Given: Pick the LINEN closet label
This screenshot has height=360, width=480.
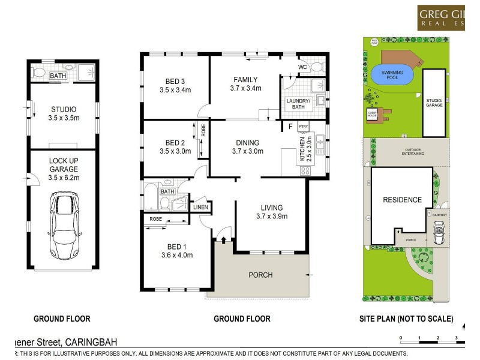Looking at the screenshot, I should coord(200,208).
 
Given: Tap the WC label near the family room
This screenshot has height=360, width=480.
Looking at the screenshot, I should coord(302,67).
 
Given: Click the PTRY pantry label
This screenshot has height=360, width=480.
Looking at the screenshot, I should coord(303,127).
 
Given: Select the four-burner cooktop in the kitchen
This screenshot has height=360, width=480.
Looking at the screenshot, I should coord(305,170).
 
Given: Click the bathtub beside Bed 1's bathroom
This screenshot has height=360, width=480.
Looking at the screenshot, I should coord(150,197).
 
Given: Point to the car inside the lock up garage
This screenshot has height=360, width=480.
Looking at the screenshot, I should coord(64,224).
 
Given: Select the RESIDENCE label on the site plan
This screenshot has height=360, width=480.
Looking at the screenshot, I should coord(402,200).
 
